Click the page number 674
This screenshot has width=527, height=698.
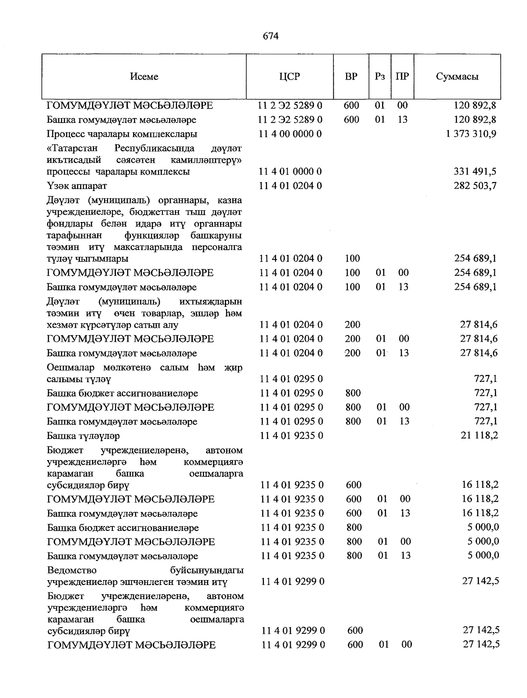coord(271,37)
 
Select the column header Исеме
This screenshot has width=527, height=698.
coord(144,77)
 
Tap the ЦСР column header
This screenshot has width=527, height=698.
coord(289,77)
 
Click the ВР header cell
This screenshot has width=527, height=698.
coord(351,77)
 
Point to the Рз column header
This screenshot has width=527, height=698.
coord(380,77)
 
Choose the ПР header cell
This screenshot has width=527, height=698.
coord(402,77)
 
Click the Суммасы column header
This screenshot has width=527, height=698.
coord(457,77)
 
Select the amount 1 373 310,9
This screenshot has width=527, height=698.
coord(471,134)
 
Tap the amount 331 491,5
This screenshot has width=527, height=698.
coord(475,171)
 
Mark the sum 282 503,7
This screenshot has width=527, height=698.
coord(475,186)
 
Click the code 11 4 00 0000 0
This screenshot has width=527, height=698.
coord(290,134)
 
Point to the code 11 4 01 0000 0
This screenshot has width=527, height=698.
coord(290,171)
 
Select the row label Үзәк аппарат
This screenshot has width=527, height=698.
coord(77,186)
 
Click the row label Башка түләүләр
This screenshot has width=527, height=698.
coord(83,436)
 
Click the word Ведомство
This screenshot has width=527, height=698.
coord(72,570)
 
